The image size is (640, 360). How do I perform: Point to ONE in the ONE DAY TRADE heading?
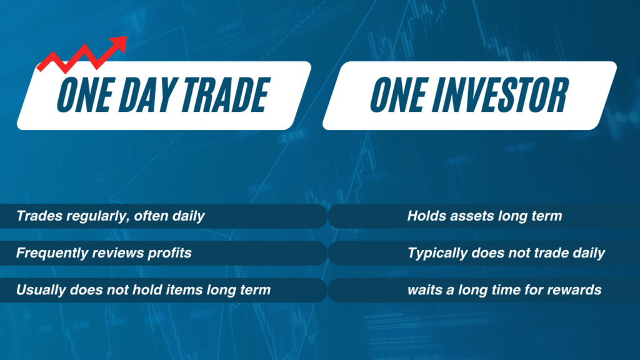[82, 96]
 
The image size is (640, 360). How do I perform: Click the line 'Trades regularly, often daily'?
[111, 216]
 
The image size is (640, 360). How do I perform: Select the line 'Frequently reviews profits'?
[104, 253]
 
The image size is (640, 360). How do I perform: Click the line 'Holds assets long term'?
[484, 216]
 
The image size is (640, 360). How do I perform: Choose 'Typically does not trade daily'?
[506, 253]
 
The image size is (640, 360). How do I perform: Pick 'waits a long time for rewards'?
[504, 290]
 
